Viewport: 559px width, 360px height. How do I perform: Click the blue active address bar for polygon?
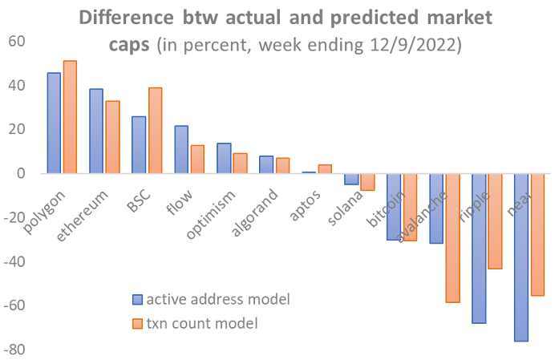tap(54, 123)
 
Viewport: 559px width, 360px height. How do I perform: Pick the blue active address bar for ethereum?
tap(96, 131)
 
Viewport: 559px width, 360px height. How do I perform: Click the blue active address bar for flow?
tap(181, 149)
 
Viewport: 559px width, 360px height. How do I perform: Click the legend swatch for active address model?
tap(137, 300)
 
